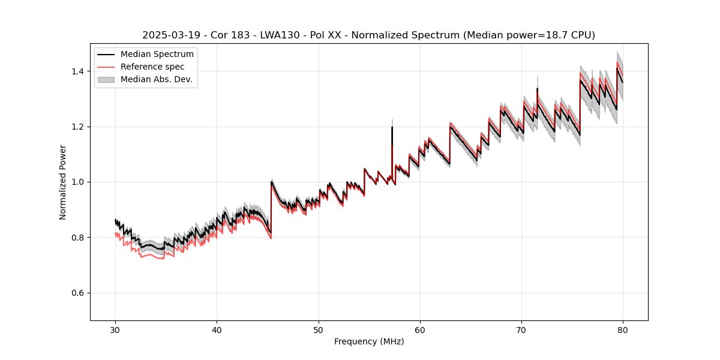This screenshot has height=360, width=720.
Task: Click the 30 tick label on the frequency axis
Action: (x=115, y=329)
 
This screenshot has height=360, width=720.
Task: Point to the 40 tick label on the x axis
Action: (x=217, y=329)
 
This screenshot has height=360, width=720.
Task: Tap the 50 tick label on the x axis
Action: (x=319, y=329)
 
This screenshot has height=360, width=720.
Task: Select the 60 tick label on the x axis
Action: (x=420, y=329)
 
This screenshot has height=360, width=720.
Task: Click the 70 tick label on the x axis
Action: (x=521, y=329)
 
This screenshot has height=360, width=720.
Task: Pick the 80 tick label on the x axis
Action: (x=623, y=329)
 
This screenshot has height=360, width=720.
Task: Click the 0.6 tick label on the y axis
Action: (x=79, y=293)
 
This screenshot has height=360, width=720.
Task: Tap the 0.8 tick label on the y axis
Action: (x=79, y=238)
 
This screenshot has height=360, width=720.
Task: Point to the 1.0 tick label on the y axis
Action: (x=79, y=182)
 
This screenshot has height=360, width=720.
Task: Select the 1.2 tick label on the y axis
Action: (x=79, y=127)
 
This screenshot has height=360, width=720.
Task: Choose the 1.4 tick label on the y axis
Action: (x=79, y=71)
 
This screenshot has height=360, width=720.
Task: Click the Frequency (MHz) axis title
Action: (x=369, y=341)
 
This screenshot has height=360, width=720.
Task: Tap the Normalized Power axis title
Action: (x=63, y=182)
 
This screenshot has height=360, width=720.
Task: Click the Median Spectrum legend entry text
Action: (x=157, y=55)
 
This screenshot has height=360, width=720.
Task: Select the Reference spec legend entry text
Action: (x=152, y=67)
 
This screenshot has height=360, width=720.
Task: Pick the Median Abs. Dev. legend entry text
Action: (x=156, y=79)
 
